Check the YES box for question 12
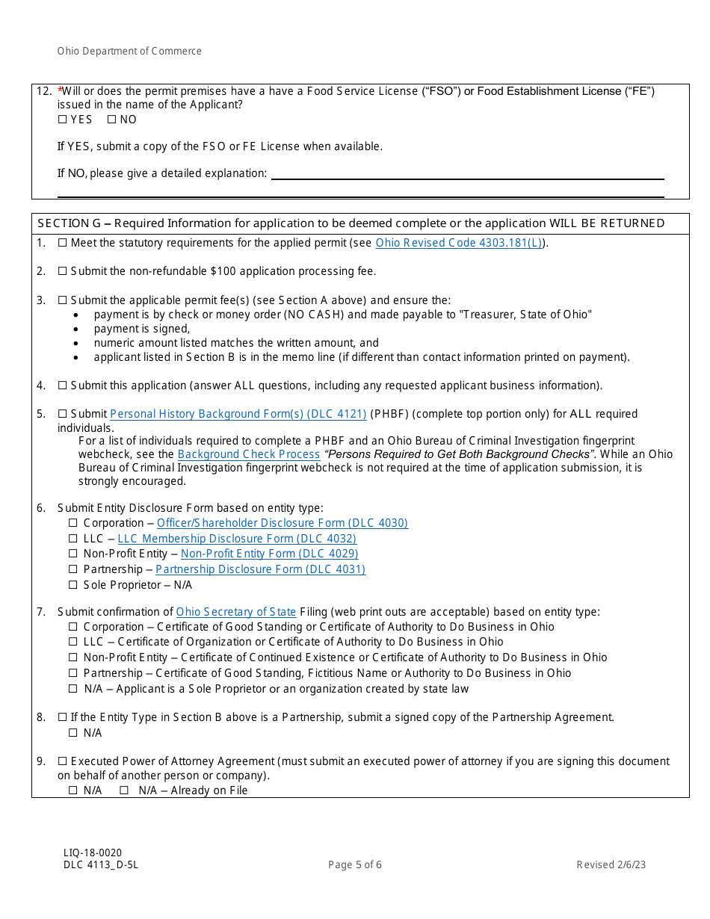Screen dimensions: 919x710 tap(62, 120)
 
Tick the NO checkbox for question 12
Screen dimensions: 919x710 tap(111, 120)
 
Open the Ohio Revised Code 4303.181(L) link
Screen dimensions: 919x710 tap(460, 243)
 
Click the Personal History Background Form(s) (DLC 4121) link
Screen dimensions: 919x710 tap(238, 414)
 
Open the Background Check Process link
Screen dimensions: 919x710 tap(249, 454)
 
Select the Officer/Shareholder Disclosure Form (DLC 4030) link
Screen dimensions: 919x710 tap(283, 523)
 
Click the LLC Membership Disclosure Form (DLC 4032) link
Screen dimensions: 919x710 tap(237, 539)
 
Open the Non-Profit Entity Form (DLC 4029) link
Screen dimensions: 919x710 tap(269, 554)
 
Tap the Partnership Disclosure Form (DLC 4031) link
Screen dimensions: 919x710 tap(260, 569)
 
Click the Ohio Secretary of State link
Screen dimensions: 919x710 tap(236, 612)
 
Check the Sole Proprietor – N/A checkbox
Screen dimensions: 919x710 tap(73, 585)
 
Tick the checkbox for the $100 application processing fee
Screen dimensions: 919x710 tap(62, 271)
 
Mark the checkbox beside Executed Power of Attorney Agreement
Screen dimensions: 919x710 tap(62, 761)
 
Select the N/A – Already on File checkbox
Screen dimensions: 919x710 tap(124, 790)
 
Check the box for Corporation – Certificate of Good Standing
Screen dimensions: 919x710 tap(73, 627)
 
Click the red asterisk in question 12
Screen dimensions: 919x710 tap(60, 90)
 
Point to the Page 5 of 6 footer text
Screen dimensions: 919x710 tap(355, 865)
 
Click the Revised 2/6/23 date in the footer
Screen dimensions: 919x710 tap(611, 865)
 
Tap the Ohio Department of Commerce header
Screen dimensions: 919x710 tap(129, 52)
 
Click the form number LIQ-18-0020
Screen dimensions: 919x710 tap(93, 853)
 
